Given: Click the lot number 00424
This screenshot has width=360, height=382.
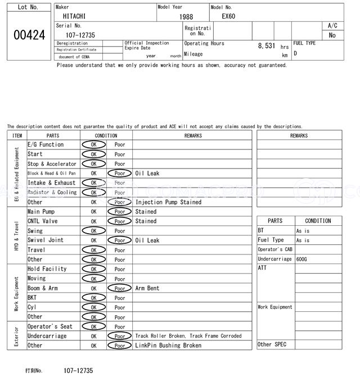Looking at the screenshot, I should click(x=29, y=35).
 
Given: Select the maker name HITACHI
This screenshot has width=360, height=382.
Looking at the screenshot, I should click(x=75, y=16).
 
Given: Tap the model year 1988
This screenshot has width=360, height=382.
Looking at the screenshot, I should click(x=186, y=17).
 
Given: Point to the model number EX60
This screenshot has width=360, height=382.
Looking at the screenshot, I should click(x=228, y=16).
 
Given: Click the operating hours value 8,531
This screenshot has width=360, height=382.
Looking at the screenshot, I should click(x=267, y=46).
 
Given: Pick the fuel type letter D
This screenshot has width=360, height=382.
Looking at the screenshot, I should click(x=295, y=53).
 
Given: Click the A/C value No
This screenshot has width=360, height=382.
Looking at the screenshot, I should click(x=332, y=35).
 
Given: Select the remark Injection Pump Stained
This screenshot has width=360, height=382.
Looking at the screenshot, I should click(x=168, y=202).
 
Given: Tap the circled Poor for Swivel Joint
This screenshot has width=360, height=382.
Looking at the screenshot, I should click(x=119, y=240).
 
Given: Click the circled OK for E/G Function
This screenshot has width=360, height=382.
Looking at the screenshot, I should click(x=94, y=145).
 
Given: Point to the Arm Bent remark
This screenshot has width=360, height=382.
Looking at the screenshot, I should click(x=147, y=288).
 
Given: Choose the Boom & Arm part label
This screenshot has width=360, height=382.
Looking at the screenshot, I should click(x=43, y=288).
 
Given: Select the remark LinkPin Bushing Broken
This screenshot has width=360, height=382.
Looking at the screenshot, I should click(x=168, y=345).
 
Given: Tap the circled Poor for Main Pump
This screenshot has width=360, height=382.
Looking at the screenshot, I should click(x=119, y=212).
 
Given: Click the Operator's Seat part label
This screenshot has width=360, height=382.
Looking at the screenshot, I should click(x=50, y=326).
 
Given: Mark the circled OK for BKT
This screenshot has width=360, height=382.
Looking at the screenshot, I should click(x=94, y=298).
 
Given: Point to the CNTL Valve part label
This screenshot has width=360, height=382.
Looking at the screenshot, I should click(x=43, y=221).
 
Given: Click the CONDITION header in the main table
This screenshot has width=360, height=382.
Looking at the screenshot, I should click(x=106, y=135).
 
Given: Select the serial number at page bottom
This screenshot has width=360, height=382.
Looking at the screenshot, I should click(x=78, y=371).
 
